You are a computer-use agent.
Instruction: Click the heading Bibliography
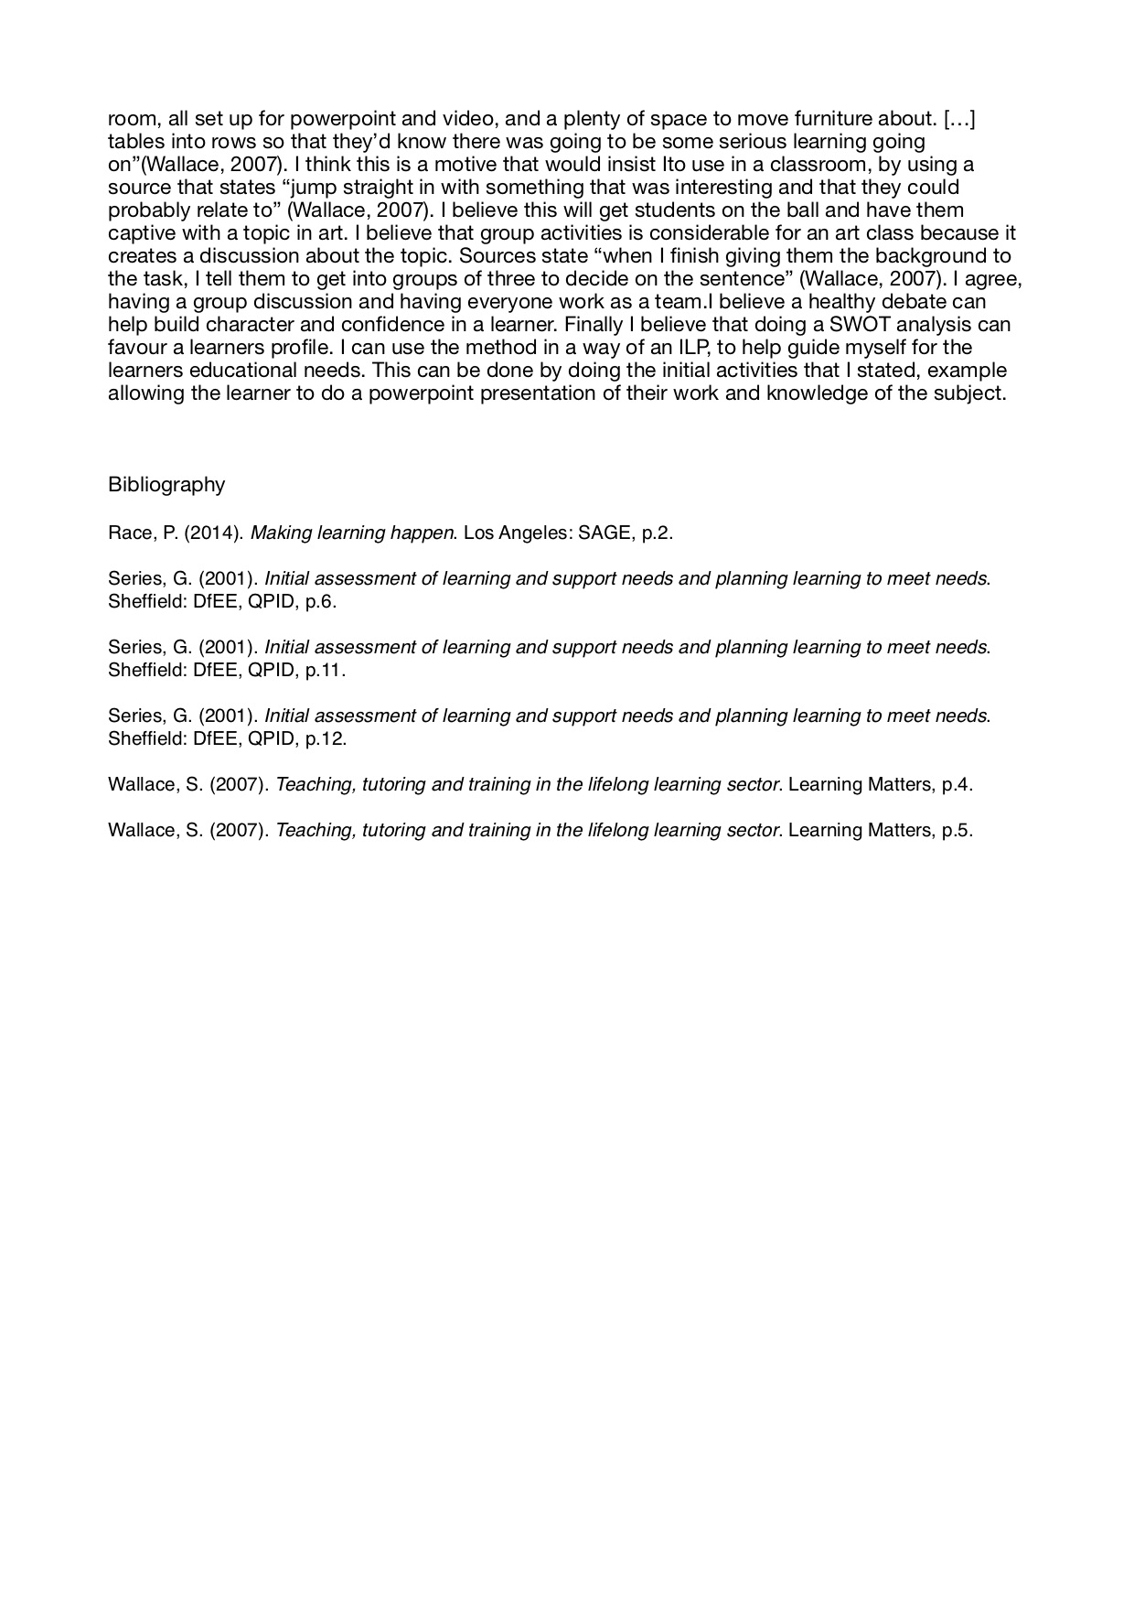[166, 484]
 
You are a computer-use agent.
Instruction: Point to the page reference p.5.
[957, 830]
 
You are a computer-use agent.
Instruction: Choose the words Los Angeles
[513, 533]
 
